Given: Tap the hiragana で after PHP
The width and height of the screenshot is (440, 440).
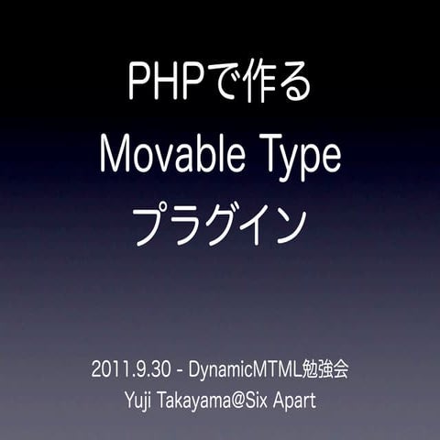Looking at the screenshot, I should [222, 83].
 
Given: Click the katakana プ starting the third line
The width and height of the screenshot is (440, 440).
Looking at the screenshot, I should [152, 225].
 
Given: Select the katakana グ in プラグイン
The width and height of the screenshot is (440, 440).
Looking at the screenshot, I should [221, 225].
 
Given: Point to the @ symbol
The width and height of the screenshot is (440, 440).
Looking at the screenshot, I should [247, 401].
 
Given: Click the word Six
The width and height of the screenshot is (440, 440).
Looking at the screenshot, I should [270, 401].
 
